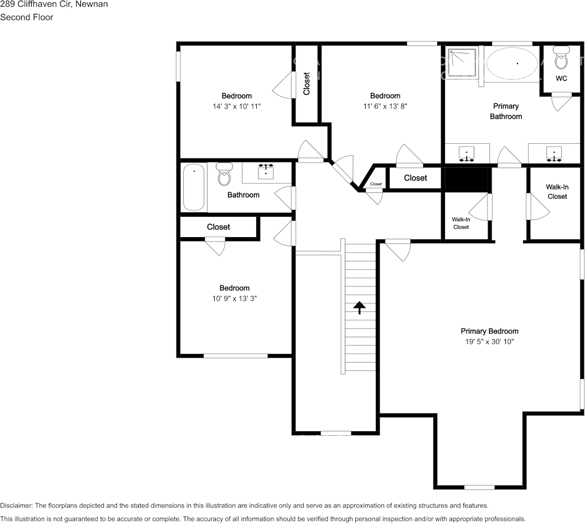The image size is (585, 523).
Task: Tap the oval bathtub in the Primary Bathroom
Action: [x=512, y=64]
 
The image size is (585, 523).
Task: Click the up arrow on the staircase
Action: [x=360, y=307]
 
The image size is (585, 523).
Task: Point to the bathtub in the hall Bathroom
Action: [x=194, y=187]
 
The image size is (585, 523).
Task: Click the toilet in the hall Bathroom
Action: [x=224, y=174]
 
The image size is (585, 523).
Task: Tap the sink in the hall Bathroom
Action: [x=266, y=171]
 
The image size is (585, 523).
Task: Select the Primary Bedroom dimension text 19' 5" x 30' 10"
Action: [x=489, y=342]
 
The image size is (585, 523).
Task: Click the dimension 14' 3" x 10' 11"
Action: [x=236, y=106]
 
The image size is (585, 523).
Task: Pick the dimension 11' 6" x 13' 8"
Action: [x=385, y=106]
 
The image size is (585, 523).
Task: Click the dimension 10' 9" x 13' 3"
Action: [x=234, y=298]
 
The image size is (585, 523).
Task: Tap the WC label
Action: [x=561, y=79]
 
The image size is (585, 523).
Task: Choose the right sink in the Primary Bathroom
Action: [x=554, y=153]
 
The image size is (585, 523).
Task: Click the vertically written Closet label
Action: [x=307, y=83]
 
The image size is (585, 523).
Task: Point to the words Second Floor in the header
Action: [x=27, y=17]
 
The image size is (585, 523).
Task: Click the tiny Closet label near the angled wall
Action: [x=376, y=184]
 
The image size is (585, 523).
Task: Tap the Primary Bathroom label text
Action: [x=505, y=111]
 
